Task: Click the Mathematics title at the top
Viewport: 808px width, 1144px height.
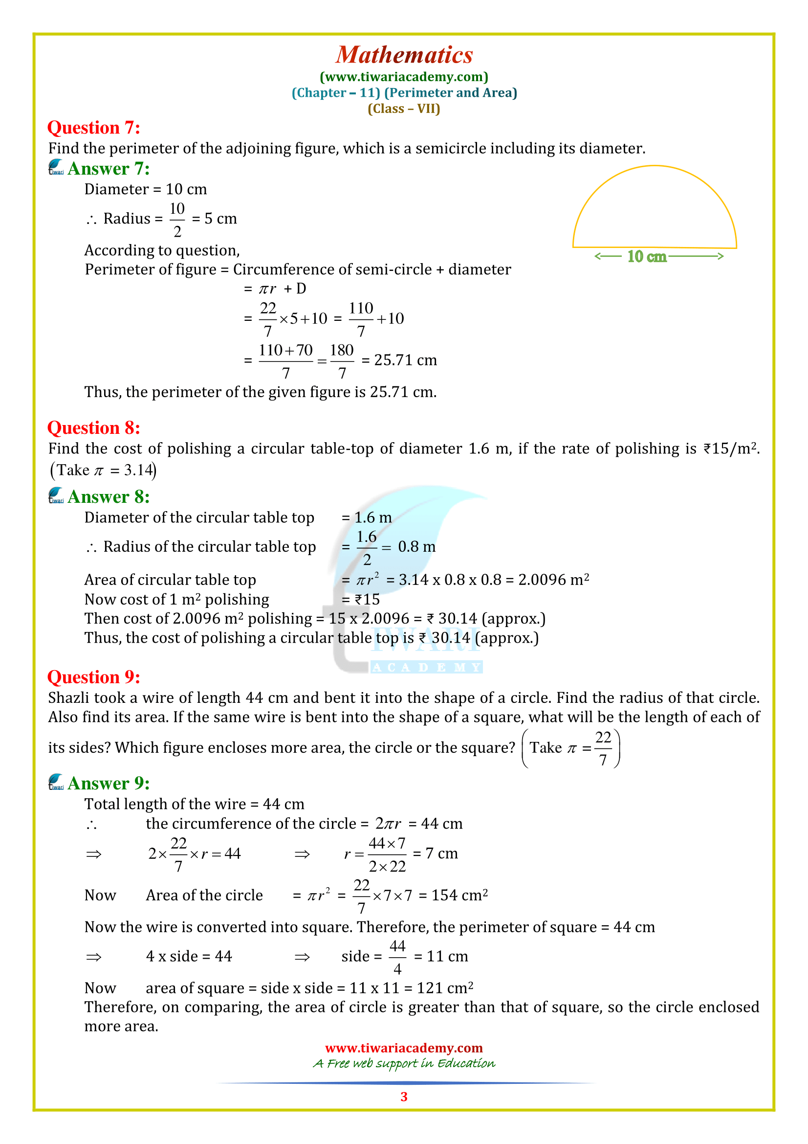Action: point(404,55)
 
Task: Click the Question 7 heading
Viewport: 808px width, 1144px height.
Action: point(93,128)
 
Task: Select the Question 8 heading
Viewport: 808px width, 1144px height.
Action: point(93,428)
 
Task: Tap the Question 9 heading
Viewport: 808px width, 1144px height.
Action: point(93,677)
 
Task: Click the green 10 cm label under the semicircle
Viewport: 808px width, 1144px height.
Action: point(646,257)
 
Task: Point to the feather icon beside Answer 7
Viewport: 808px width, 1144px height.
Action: point(56,167)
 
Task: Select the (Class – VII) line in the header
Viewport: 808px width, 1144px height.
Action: point(404,109)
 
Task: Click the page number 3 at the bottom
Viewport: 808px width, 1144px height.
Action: point(404,1097)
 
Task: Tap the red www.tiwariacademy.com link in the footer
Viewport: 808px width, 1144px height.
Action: point(404,1048)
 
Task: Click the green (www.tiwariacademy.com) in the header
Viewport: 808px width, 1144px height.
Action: point(404,77)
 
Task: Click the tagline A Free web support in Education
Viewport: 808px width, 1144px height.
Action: point(404,1064)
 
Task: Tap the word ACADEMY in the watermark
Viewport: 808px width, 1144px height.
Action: point(426,668)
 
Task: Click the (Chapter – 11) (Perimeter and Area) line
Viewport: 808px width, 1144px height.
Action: point(404,92)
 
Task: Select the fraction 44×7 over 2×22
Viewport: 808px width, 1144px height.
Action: point(387,854)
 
